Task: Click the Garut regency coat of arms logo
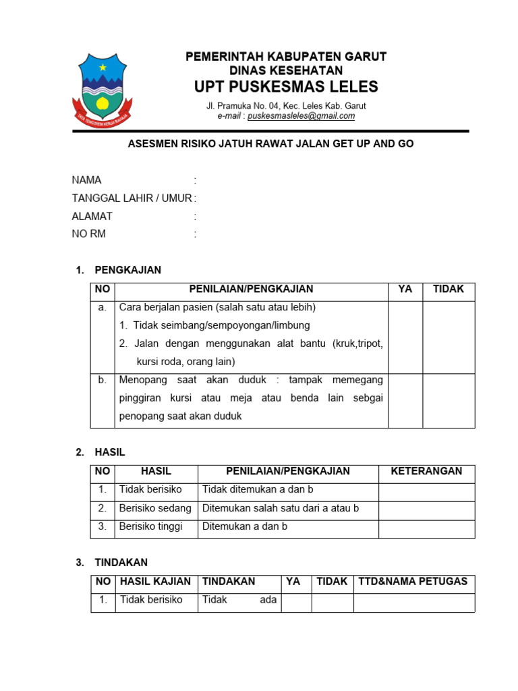coord(103,87)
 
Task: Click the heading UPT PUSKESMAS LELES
coord(286,87)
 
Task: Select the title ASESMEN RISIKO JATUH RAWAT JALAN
coord(270,144)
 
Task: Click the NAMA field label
coord(87,180)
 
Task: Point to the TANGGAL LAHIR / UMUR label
coord(132,198)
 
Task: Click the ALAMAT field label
coord(92,217)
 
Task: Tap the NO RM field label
coord(89,234)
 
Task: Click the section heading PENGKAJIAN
coord(128,270)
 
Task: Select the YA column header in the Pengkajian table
coord(405,289)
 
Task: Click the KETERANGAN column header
coord(426,471)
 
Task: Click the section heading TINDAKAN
coord(121,562)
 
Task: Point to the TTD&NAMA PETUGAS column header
coord(413,581)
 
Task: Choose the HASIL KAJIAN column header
coord(156,581)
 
